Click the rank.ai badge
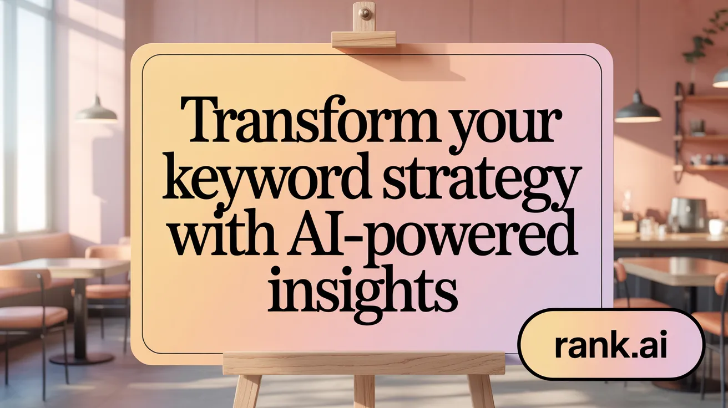[x=610, y=344]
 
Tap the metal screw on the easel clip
[x=365, y=12]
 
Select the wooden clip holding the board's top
[x=363, y=38]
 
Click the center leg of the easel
[x=364, y=391]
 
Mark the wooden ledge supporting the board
[x=363, y=363]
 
